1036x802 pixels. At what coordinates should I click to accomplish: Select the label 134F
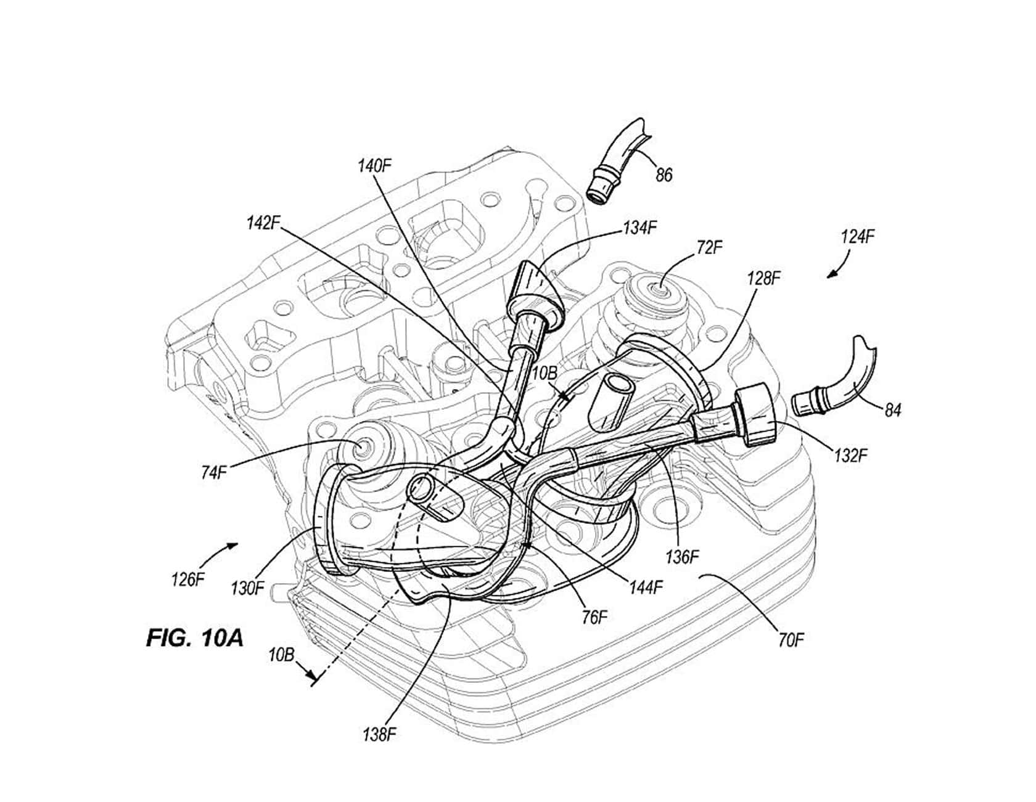point(639,227)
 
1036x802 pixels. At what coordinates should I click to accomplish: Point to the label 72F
point(709,248)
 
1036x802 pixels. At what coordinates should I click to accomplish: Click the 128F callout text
point(763,279)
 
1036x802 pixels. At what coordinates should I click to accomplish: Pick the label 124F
point(858,237)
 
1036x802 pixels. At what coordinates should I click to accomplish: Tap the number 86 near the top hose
point(664,175)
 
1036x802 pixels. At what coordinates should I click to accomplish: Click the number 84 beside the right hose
point(892,410)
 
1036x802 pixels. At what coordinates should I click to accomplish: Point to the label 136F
point(683,557)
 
